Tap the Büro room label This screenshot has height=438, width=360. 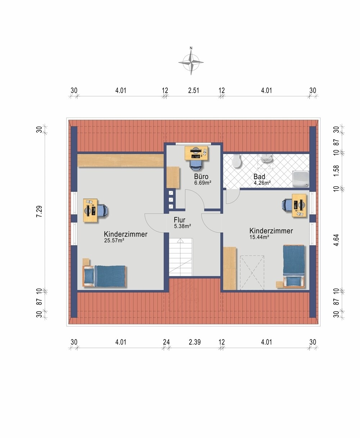click(x=201, y=177)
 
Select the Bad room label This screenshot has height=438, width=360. click(x=259, y=177)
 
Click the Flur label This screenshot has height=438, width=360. click(x=180, y=220)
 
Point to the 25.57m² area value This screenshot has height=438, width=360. click(x=114, y=241)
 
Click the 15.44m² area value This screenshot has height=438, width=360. click(x=260, y=237)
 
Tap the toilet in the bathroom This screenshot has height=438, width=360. click(x=237, y=161)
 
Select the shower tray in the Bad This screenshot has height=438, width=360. click(x=301, y=179)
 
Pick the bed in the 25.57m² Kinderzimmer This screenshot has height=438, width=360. click(x=104, y=276)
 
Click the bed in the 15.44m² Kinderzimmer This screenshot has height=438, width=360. click(x=294, y=266)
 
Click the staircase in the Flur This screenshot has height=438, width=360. click(x=181, y=257)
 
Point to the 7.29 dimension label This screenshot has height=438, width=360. click(x=39, y=211)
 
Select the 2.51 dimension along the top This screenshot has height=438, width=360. click(x=194, y=91)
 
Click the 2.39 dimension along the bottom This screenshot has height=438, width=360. click(x=195, y=342)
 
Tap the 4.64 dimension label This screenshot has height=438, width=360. click(x=336, y=240)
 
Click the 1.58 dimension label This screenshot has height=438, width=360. click(x=336, y=171)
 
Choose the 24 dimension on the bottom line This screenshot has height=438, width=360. click(x=166, y=342)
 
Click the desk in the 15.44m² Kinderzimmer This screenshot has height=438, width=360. click(x=299, y=206)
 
